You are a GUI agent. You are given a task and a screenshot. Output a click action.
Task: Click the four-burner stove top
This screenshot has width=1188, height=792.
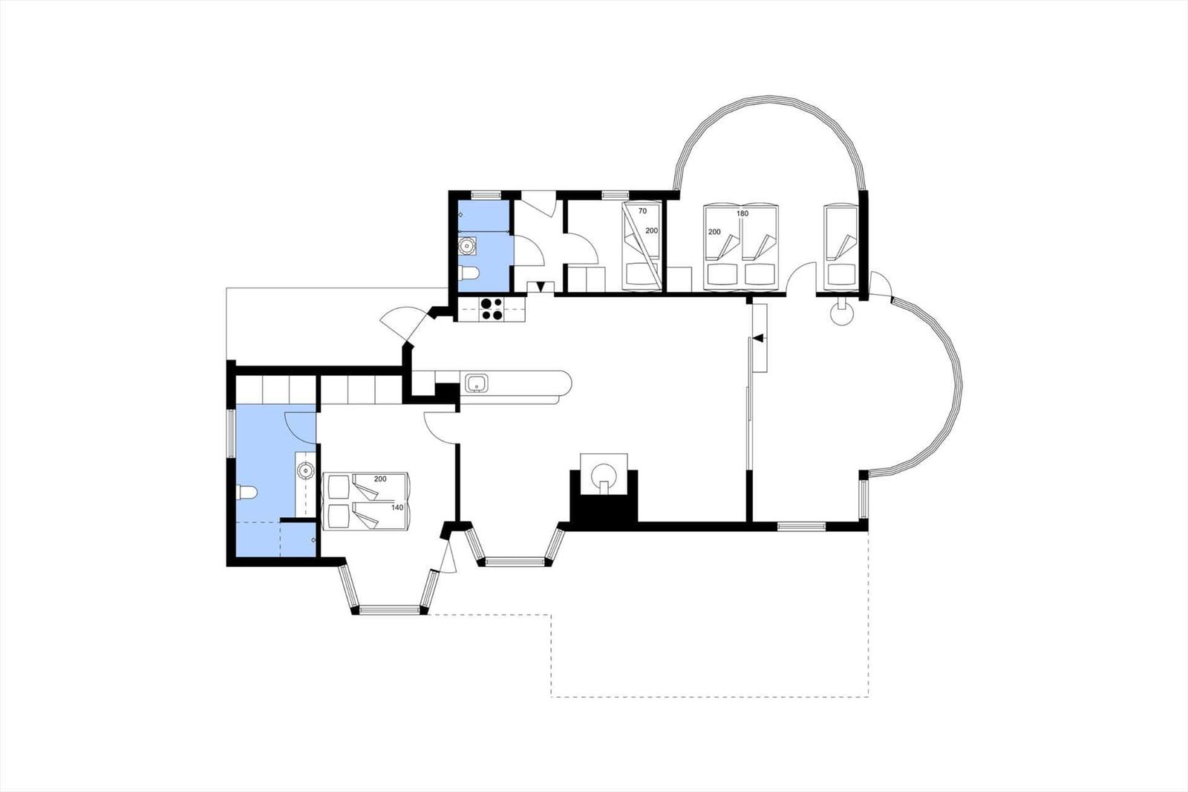[492, 310]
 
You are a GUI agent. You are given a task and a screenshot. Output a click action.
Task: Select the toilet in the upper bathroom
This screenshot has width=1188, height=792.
[469, 273]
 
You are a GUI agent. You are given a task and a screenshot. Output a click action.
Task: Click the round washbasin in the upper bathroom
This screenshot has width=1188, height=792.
[468, 247]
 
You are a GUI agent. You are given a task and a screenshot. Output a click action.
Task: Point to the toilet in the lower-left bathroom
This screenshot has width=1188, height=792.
[246, 493]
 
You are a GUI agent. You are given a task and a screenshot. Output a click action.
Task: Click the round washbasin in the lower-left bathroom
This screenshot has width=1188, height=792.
[305, 470]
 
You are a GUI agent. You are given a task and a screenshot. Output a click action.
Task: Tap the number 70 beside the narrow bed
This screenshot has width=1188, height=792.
[642, 211]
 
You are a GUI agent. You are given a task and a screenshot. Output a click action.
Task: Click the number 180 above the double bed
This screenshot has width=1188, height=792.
[742, 213]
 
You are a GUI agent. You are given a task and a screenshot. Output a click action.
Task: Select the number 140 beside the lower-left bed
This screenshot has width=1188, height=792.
[397, 507]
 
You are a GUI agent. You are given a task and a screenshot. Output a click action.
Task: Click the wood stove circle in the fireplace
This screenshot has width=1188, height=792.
[604, 473]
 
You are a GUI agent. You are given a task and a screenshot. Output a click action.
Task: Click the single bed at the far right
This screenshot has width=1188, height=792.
[841, 247]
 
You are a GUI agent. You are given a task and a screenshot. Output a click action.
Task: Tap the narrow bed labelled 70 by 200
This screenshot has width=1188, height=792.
[642, 247]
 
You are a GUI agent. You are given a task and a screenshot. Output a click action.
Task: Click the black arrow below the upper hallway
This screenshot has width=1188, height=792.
[541, 287]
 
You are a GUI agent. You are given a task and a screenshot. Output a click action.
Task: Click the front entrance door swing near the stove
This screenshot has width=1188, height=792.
[403, 324]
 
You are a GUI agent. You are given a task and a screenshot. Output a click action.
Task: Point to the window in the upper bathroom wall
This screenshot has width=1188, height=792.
[486, 194]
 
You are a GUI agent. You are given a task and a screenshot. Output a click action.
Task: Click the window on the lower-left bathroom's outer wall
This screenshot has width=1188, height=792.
[231, 432]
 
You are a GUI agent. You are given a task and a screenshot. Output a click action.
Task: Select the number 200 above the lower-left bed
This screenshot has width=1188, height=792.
[380, 478]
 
